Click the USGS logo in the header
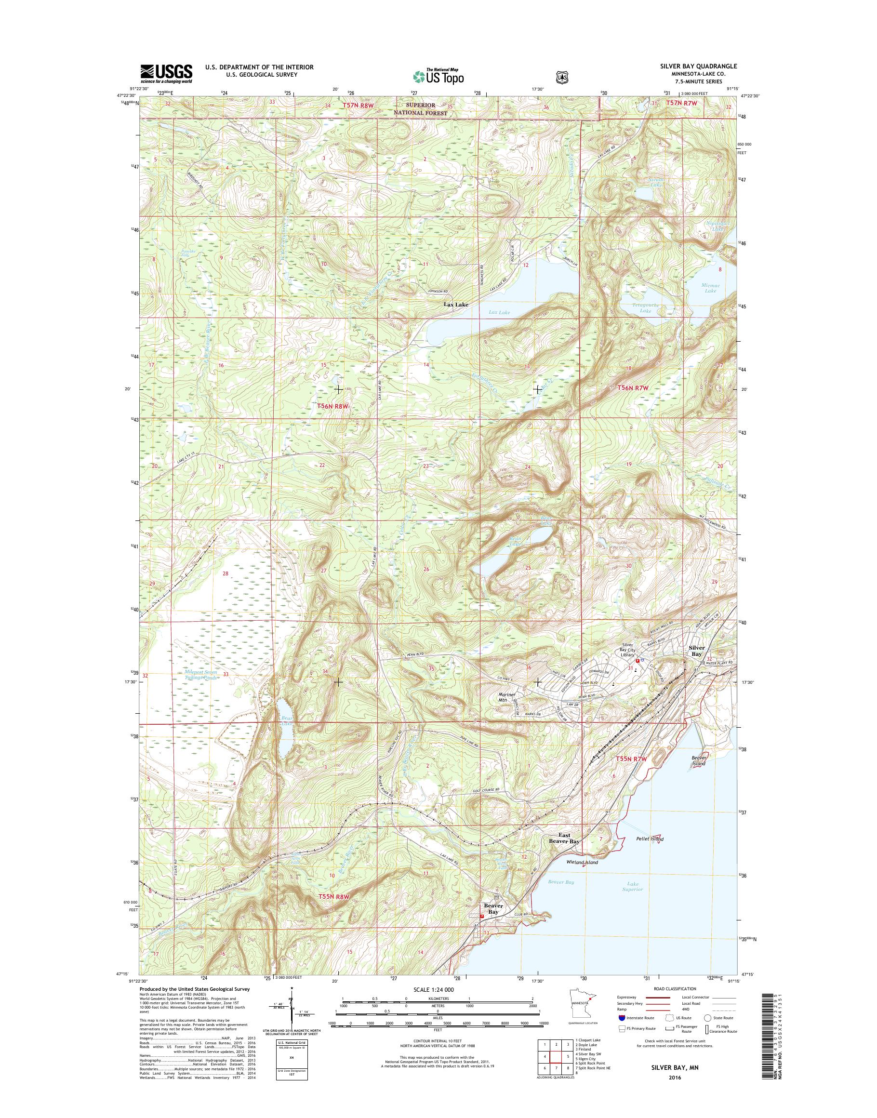166,73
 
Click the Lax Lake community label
456,305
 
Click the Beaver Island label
699,760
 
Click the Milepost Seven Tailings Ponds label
201,675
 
